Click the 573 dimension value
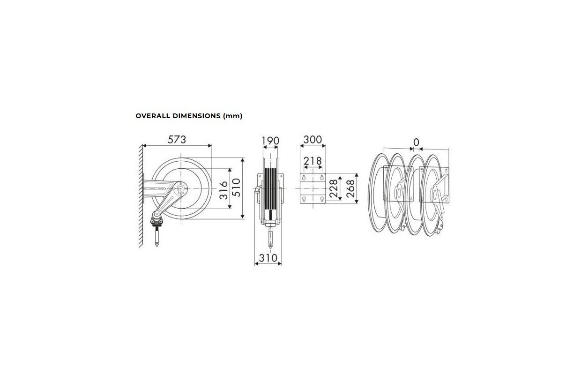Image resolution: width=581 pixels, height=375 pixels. [x=177, y=140]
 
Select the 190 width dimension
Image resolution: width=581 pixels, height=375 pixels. [x=270, y=141]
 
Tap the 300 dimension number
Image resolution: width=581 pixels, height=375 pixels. [x=313, y=140]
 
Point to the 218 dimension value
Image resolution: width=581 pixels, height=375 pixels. [x=313, y=161]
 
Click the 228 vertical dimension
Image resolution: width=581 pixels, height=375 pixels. [x=334, y=188]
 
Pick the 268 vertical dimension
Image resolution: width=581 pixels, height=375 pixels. [x=350, y=188]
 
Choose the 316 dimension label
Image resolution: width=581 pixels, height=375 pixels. [x=223, y=190]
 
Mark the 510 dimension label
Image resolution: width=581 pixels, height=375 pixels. [x=236, y=187]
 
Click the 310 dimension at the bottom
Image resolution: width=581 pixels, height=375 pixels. [x=268, y=258]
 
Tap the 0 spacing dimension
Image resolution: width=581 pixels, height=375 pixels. [x=416, y=142]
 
